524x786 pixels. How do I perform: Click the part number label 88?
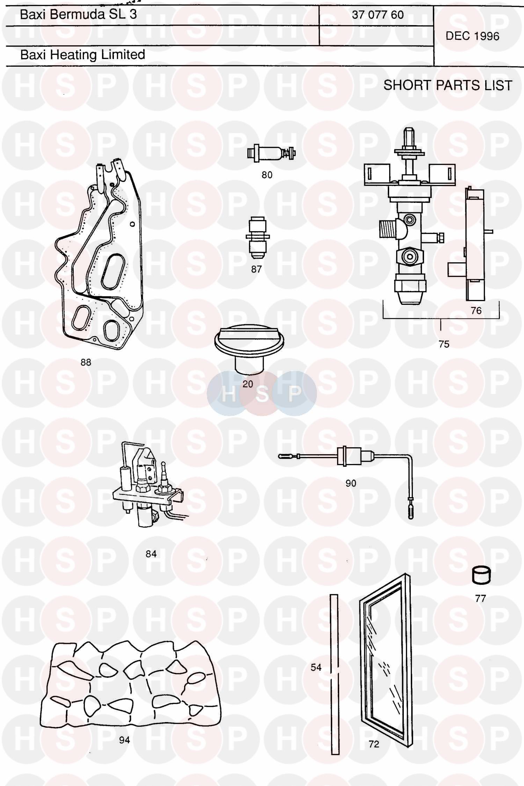pos(86,362)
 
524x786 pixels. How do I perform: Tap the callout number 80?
pos(267,175)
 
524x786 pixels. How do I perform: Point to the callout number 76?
pos(476,310)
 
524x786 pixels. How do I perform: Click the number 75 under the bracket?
pos(444,344)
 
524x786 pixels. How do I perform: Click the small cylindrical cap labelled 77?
pos(481,575)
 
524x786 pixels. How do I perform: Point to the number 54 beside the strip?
pos(316,667)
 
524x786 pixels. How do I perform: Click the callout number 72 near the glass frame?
pos(374,744)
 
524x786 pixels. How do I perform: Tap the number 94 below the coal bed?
pos(124,740)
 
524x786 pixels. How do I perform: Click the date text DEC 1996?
pos(472,36)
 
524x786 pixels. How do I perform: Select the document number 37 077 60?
pos(378,15)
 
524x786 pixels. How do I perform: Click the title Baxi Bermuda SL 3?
pos(78,14)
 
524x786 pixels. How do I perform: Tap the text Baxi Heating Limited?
pos(83,54)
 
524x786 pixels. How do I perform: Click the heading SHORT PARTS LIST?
pos(448,85)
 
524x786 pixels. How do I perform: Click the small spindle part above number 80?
pos(271,153)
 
